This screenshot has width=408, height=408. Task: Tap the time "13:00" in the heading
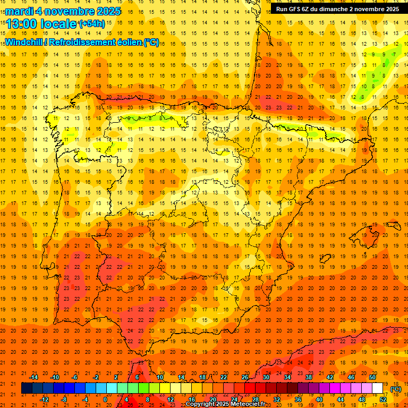[20, 24]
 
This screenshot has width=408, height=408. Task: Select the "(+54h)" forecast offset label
[92, 24]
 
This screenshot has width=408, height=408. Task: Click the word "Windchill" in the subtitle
[23, 42]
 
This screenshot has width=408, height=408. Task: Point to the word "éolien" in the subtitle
[126, 42]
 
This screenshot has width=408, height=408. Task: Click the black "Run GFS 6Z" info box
[337, 9]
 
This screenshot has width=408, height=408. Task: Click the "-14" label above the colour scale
[33, 377]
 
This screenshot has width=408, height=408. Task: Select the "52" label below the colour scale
[382, 399]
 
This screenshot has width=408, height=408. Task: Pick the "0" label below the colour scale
[106, 399]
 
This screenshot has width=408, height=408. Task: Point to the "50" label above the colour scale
[372, 377]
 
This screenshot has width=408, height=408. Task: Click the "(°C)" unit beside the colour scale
[395, 388]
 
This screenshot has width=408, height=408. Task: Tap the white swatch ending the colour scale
[377, 388]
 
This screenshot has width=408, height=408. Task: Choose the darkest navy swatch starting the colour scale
[27, 388]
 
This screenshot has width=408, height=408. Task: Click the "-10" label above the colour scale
[54, 377]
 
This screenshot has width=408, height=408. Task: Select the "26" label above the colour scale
[245, 377]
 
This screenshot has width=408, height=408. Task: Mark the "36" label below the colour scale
[298, 399]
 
